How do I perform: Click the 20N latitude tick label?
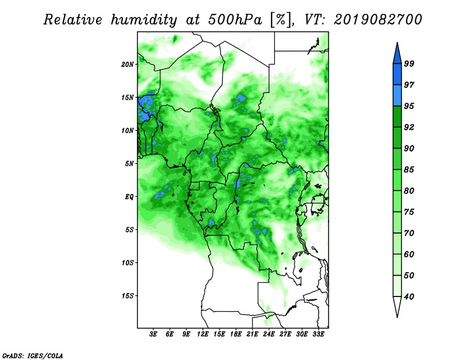pyautogui.click(x=128, y=65)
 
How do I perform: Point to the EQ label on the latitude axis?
pyautogui.click(x=129, y=197)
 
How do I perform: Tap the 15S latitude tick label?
pyautogui.click(x=128, y=296)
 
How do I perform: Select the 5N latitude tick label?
pyautogui.click(x=129, y=164)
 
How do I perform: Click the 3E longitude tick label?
pyautogui.click(x=153, y=334)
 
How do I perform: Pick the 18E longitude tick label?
pyautogui.click(x=235, y=334)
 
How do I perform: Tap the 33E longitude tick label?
pyautogui.click(x=318, y=334)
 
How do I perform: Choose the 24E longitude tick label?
pyautogui.click(x=269, y=334)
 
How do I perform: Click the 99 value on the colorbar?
pyautogui.click(x=409, y=64)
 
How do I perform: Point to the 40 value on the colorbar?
pyautogui.click(x=409, y=297)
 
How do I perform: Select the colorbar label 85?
pyautogui.click(x=409, y=170)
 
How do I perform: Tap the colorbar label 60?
pyautogui.click(x=409, y=255)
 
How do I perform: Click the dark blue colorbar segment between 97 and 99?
pyautogui.click(x=397, y=75)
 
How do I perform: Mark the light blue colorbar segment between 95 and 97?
pyautogui.click(x=397, y=96)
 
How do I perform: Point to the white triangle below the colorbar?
pyautogui.click(x=397, y=306)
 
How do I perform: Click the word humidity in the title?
pyautogui.click(x=144, y=20)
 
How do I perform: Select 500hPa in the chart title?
pyautogui.click(x=235, y=20)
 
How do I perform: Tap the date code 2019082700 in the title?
pyautogui.click(x=377, y=20)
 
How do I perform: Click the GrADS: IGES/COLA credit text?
pyautogui.click(x=33, y=355)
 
